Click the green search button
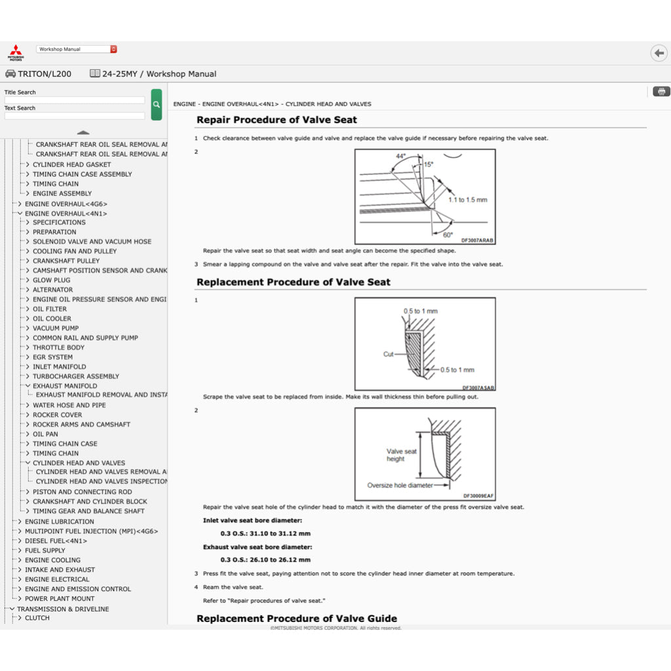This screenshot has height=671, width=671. [156, 104]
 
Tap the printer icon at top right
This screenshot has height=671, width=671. [661, 91]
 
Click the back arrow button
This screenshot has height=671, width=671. [658, 53]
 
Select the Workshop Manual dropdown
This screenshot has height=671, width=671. [77, 49]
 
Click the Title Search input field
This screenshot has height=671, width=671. [74, 100]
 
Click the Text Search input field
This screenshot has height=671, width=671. [74, 116]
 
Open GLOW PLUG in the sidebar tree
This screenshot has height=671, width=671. [52, 280]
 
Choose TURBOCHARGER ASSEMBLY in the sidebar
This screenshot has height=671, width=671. [76, 376]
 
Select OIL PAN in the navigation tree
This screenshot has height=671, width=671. [45, 434]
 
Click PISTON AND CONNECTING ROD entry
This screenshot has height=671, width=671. [83, 491]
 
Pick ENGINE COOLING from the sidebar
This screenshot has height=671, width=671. [52, 560]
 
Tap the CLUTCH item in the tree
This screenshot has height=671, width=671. [37, 618]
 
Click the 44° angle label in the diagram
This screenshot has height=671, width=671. [401, 157]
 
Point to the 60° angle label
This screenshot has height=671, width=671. [448, 235]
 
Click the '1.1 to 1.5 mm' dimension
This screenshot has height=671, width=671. [468, 200]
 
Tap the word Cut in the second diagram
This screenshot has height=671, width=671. [389, 354]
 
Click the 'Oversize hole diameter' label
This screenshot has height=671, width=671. [400, 486]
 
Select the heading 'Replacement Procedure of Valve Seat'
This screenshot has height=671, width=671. [294, 282]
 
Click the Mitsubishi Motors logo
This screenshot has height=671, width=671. [15, 52]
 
